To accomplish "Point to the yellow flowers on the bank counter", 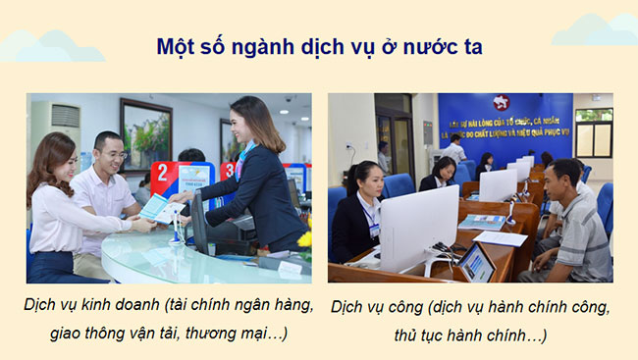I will [x=305, y=238].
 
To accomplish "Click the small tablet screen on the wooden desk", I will [x=477, y=262].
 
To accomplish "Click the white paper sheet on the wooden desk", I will [x=500, y=238].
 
